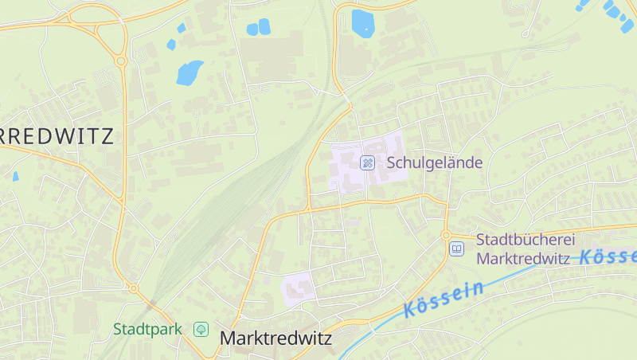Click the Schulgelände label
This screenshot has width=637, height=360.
click(x=435, y=162)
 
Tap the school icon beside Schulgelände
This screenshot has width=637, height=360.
click(x=368, y=162)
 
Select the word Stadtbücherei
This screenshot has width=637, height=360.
click(x=525, y=240)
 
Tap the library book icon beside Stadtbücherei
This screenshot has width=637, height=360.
click(x=457, y=249)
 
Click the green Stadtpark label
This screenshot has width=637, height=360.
click(x=148, y=328)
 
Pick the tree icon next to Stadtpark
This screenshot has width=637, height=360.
click(x=201, y=328)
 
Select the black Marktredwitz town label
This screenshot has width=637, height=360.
click(x=275, y=338)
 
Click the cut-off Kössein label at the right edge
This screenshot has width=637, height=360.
click(x=608, y=257)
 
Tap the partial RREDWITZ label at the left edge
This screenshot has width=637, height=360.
click(x=56, y=135)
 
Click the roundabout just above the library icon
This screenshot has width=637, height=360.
click(x=446, y=235)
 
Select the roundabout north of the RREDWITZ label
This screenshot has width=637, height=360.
click(x=121, y=61)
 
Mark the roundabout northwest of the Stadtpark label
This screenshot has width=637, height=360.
click(x=133, y=288)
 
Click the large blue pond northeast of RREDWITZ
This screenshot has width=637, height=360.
click(x=190, y=72)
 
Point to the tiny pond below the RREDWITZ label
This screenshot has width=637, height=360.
click(x=15, y=176)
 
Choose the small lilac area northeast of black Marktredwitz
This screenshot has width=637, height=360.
click(x=298, y=288)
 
